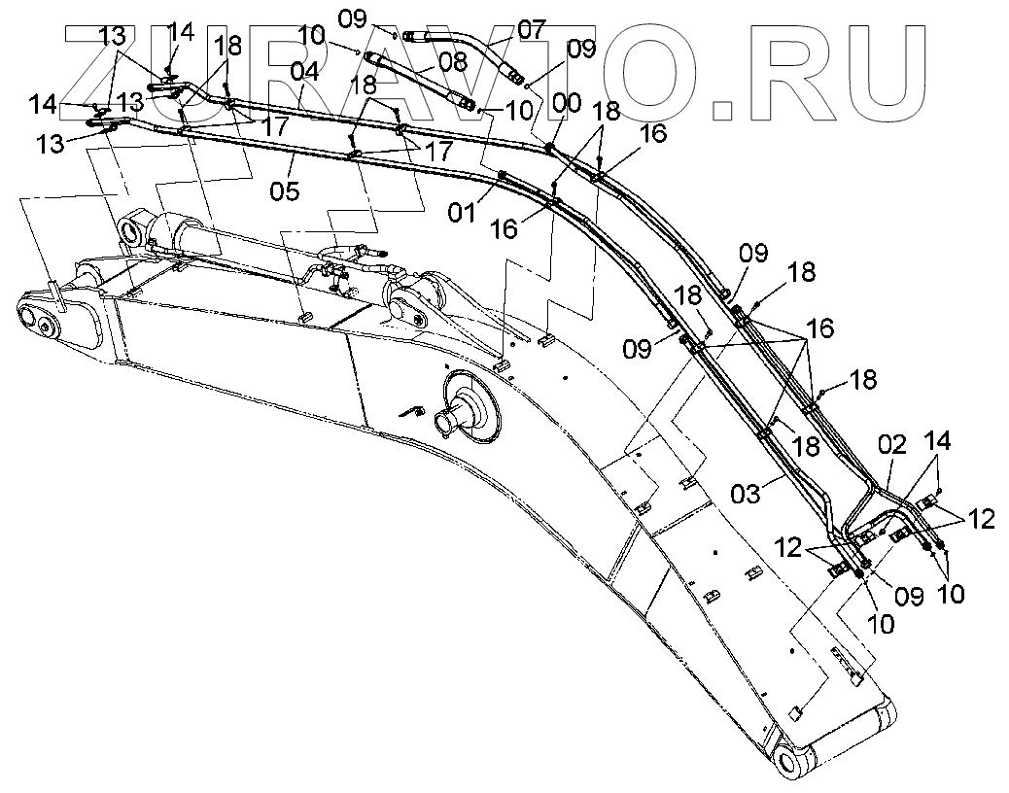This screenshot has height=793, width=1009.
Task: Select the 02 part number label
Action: click(892, 448)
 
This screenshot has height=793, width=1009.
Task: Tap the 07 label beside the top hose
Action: click(532, 28)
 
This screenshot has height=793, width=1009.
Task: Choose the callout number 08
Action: click(452, 60)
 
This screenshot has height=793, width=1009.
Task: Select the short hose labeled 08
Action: click(418, 82)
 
